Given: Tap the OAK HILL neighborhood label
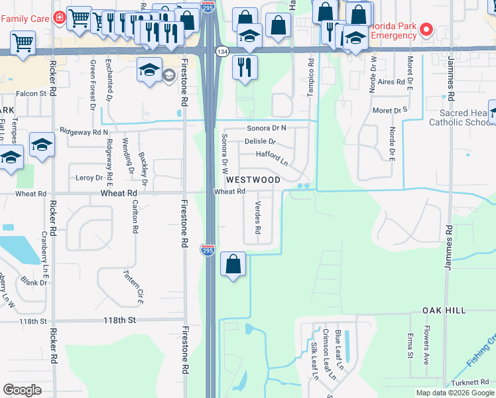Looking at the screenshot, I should [x=444, y=310].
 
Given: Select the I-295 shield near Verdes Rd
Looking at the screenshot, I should [x=208, y=251].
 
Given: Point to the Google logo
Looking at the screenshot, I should [x=22, y=390].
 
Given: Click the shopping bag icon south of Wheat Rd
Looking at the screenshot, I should [x=233, y=265].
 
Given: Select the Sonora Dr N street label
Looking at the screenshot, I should [x=266, y=127].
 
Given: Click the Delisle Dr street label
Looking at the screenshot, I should [x=259, y=141].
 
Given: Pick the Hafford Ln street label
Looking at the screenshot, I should [x=272, y=158].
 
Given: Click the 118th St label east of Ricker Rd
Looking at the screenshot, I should [x=119, y=320].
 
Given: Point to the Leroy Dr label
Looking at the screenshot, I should [x=90, y=178].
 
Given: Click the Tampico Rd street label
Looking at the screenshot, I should [x=310, y=78].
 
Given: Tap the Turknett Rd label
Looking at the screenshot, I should [x=473, y=381].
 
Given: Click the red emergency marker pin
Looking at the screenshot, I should [x=427, y=29].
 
